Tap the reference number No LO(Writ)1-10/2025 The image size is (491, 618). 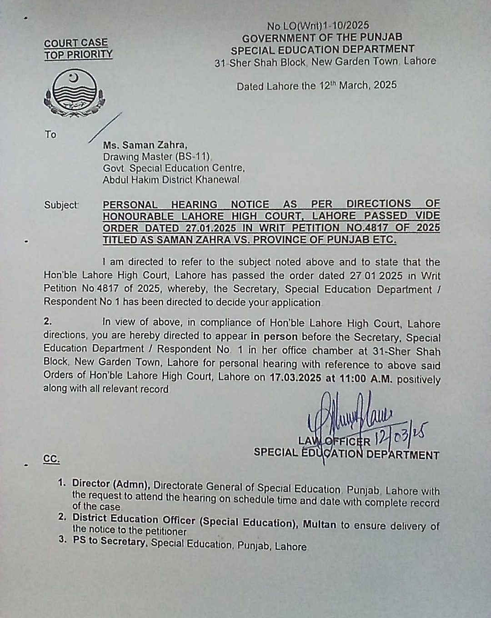tap(318, 26)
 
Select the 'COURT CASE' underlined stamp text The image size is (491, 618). tap(76, 43)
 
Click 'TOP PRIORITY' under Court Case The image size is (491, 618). tap(78, 55)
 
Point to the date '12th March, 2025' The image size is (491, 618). tap(357, 85)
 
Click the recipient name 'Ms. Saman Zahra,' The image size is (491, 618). tap(145, 145)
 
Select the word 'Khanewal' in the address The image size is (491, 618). tap(217, 179)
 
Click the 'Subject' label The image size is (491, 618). tap(61, 205)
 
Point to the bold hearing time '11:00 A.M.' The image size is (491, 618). tap(364, 379)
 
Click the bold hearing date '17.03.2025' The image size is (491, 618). tap(296, 378)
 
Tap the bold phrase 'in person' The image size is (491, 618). tap(274, 337)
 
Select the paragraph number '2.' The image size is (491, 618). tap(48, 321)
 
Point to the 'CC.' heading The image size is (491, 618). tap(51, 459)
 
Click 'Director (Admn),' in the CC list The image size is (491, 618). tap(111, 484)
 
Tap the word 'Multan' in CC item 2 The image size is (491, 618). tap(320, 524)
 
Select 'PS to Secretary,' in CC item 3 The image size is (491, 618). tap(110, 541)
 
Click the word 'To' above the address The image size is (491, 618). tap(50, 135)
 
